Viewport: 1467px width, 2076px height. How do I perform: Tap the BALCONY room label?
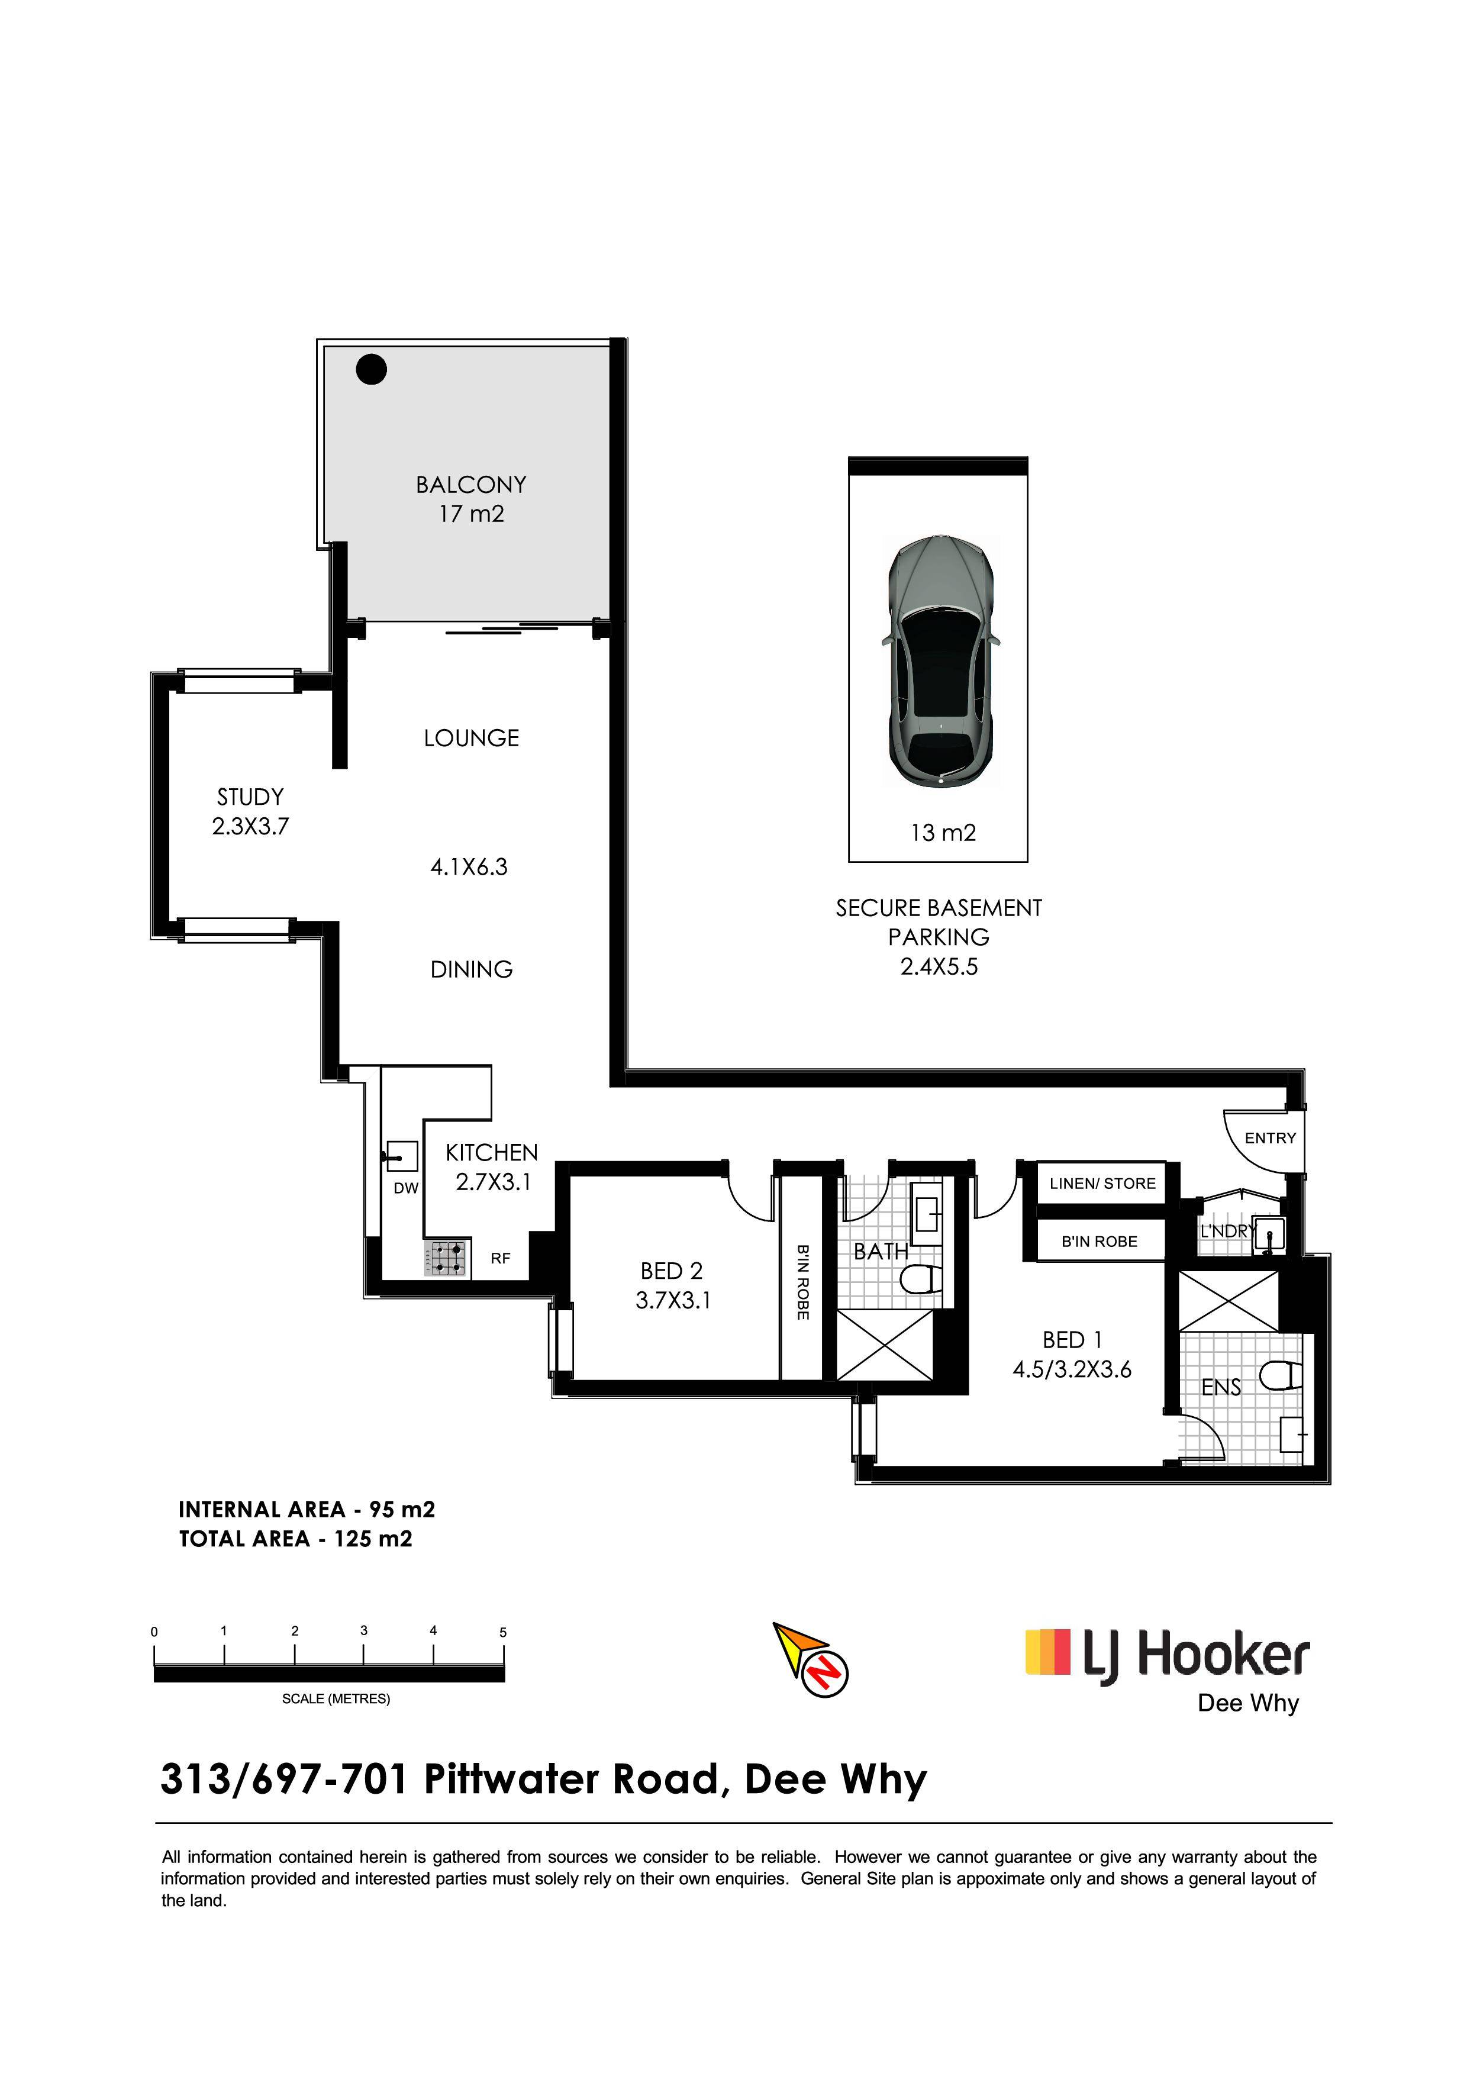(x=471, y=485)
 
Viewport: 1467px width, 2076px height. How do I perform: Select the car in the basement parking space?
(x=940, y=662)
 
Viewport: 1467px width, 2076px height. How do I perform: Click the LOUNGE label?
(x=472, y=738)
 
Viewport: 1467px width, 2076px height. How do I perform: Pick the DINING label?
(x=472, y=969)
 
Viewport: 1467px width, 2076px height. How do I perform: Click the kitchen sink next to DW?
(x=401, y=1156)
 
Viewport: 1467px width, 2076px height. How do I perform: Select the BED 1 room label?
(x=1072, y=1339)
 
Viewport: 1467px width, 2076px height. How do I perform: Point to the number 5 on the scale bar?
(x=504, y=1632)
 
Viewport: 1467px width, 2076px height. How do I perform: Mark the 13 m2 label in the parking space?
(x=944, y=832)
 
